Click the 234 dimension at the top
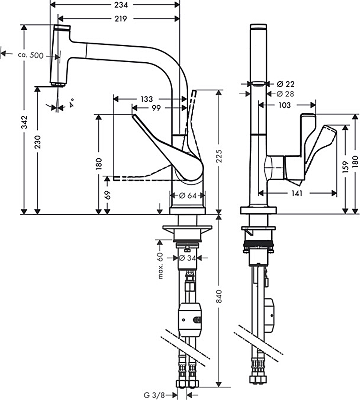[x=121, y=5]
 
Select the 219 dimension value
[x=121, y=19]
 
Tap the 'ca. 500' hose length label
[x=31, y=55]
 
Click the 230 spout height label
[x=37, y=142]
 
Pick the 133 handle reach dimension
[x=147, y=99]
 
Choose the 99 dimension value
[x=156, y=108]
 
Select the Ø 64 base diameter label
[x=188, y=196]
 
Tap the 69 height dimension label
[x=107, y=195]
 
